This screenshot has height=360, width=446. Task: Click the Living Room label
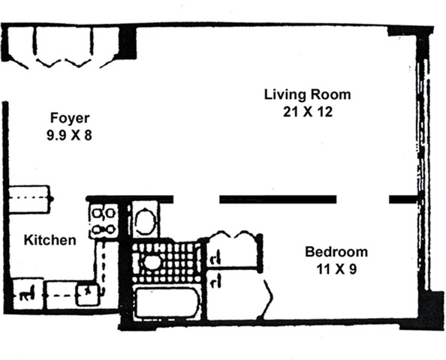(308, 95)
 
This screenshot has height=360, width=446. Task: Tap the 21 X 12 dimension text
(308, 112)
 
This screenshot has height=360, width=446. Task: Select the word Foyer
(70, 118)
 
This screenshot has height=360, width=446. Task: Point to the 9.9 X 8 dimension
(69, 135)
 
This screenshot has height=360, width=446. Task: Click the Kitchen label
(50, 240)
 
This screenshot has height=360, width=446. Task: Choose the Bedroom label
(336, 252)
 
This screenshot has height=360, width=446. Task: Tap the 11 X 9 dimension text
(336, 269)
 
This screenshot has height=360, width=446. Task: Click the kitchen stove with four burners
(104, 220)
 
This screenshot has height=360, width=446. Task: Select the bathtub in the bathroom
(167, 302)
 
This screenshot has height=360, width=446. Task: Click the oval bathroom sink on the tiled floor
(152, 262)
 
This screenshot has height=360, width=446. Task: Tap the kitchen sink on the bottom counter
(88, 294)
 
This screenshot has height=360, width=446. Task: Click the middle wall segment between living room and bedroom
(278, 199)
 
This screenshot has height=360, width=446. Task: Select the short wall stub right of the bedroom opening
(402, 199)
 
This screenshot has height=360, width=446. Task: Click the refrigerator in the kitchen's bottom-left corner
(28, 294)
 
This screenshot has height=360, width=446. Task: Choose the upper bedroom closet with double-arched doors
(234, 249)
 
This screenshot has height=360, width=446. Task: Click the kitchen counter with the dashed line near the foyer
(29, 199)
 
